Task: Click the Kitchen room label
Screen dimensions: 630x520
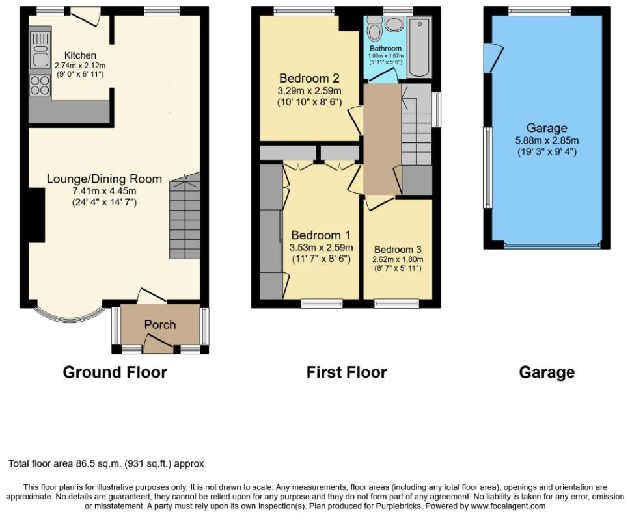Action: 80,55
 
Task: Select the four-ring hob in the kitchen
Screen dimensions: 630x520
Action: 40,85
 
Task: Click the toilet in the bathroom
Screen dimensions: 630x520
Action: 376,28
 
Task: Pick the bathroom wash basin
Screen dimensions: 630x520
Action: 394,24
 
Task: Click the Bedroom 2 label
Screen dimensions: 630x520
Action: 309,78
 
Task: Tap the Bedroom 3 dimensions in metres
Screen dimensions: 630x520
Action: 398,259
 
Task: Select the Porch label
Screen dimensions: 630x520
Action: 160,324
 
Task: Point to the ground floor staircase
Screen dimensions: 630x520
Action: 185,216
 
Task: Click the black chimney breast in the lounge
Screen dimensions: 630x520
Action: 36,215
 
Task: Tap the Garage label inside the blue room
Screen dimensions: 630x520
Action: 547,128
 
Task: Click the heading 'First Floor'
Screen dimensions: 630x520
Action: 346,372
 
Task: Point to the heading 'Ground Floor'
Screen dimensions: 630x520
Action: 115,372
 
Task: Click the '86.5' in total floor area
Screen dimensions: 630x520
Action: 85,464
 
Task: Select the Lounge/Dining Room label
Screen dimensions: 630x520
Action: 105,179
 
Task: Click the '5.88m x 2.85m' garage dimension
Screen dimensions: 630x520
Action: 547,141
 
